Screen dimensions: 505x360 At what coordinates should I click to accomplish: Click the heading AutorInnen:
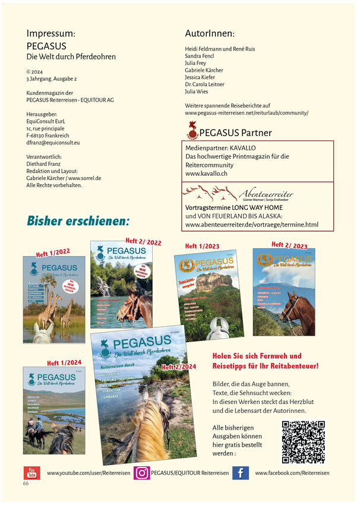click(210, 34)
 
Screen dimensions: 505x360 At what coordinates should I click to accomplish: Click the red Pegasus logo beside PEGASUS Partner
click(192, 130)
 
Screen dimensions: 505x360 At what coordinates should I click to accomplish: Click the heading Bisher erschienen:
click(78, 221)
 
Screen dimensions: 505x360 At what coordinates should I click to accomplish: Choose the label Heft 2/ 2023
click(289, 245)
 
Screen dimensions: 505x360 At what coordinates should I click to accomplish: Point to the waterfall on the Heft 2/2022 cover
click(105, 286)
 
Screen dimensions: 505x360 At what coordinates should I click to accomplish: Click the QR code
click(303, 441)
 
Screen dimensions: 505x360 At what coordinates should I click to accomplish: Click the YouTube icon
click(31, 473)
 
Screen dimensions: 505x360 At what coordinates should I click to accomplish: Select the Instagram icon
click(141, 473)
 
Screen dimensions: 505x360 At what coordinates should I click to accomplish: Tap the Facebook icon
click(240, 473)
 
